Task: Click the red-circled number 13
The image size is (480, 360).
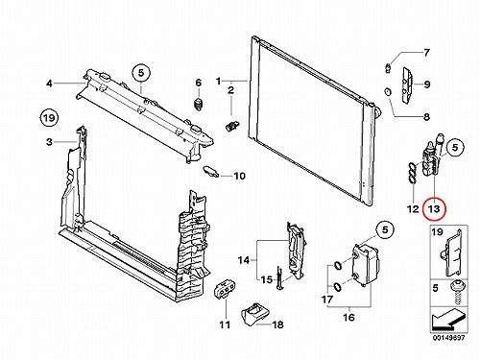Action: [x=434, y=209]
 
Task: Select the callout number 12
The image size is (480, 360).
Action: [x=413, y=209]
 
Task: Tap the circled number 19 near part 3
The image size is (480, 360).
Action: [x=49, y=118]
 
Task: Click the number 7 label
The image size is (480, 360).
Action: [x=426, y=53]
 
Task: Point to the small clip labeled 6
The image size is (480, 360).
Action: [x=199, y=105]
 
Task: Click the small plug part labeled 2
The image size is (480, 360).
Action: [x=231, y=127]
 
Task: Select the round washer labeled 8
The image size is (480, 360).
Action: [x=388, y=92]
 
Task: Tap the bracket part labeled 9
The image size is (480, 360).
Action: [x=407, y=85]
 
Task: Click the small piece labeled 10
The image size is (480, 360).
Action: [x=211, y=171]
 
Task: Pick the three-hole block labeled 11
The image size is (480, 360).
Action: [x=225, y=289]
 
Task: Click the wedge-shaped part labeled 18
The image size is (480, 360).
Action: [x=255, y=314]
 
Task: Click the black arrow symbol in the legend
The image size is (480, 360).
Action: [x=448, y=321]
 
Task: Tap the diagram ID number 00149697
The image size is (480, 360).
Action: [x=448, y=338]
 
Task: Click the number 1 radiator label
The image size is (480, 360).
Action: [x=218, y=82]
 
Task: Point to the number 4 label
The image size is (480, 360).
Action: [x=49, y=84]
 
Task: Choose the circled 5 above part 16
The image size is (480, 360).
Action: [x=385, y=229]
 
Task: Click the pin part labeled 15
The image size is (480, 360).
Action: [x=279, y=278]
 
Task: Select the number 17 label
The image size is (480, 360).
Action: [x=327, y=300]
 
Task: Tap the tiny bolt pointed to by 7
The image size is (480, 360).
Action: [x=388, y=68]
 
